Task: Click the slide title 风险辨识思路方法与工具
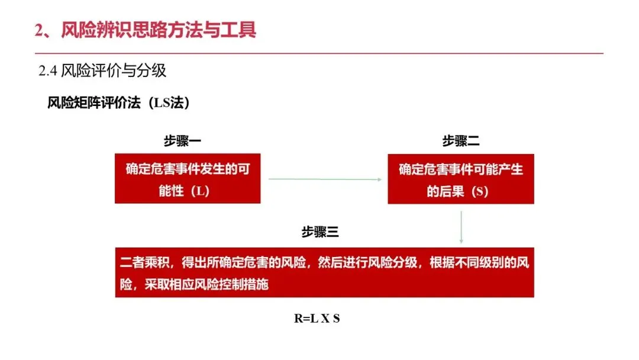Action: [159, 30]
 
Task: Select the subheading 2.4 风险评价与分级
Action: [102, 72]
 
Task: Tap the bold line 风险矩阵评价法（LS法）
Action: [118, 103]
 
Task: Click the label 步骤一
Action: [182, 142]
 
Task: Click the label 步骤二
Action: [461, 142]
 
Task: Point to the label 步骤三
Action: [320, 232]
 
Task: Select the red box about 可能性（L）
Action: [188, 179]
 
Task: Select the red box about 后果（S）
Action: [461, 179]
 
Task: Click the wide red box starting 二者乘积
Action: [324, 272]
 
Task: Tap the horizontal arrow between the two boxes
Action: [324, 179]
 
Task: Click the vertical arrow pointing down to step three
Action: [461, 225]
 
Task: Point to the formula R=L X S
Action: [317, 319]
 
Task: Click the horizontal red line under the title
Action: [319, 54]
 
